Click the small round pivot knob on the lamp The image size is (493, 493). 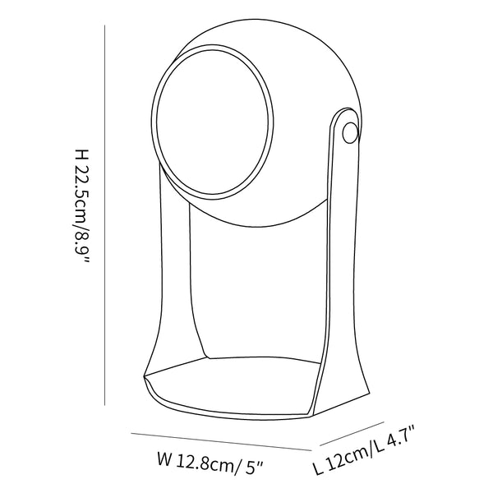350,131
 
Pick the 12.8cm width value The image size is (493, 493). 201,463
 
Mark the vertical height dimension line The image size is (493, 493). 104,214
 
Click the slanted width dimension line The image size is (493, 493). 218,440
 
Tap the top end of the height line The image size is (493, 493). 104,24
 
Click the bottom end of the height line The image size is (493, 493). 104,404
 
